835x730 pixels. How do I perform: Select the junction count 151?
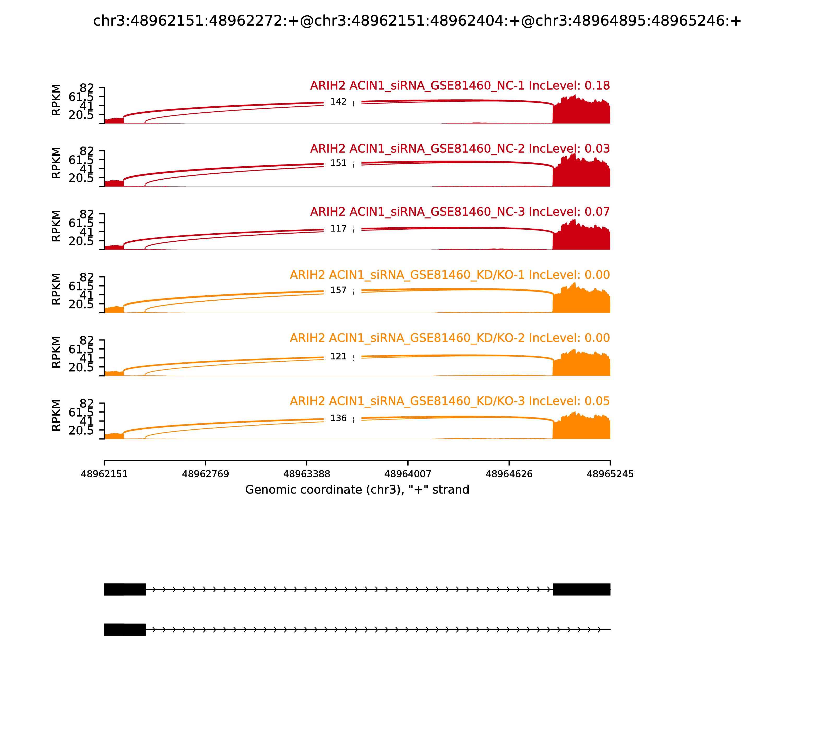point(338,163)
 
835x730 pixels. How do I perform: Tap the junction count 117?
point(338,229)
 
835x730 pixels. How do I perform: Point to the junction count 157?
point(338,290)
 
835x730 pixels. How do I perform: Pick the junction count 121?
point(338,356)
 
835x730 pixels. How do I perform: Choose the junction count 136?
point(338,418)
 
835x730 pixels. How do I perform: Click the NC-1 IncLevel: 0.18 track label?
point(460,86)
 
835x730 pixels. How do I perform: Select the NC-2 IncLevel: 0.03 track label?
point(460,149)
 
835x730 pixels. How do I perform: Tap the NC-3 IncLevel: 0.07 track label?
point(460,212)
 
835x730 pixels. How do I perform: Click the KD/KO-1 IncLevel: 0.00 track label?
point(449,275)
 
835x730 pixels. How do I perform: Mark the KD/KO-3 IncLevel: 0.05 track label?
point(449,401)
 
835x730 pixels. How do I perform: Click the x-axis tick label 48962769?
point(206,474)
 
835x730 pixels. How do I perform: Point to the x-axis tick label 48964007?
point(408,474)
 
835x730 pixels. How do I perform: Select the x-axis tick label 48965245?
point(610,474)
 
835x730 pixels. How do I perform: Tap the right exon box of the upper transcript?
point(581,589)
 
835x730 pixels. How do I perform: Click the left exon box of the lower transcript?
point(125,629)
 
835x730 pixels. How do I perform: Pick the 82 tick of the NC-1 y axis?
point(86,88)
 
